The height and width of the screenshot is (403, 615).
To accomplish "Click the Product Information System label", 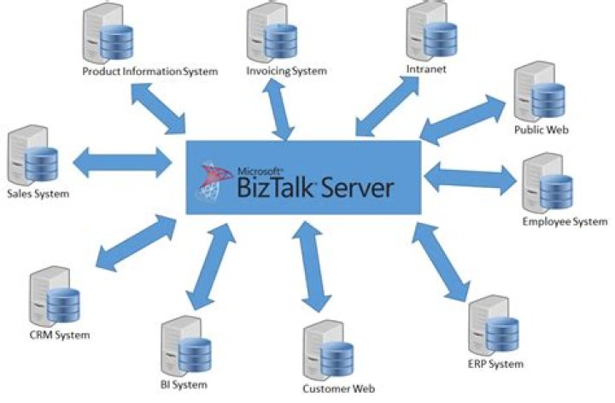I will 150,71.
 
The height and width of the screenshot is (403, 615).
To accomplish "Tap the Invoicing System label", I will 286,71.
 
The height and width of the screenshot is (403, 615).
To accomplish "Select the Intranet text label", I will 427,66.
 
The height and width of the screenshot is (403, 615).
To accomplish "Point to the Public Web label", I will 541,131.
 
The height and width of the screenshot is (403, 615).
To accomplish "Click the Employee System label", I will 563,223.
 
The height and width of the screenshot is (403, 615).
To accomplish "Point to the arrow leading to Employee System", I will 470,177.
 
